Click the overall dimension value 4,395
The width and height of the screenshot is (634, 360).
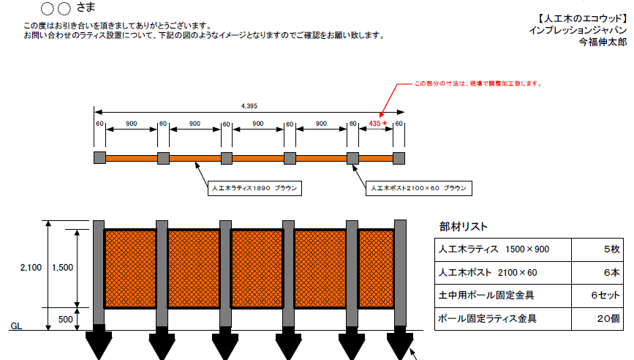point(249,106)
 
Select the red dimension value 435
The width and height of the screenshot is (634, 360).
point(375,124)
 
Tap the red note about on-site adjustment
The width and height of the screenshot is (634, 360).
point(478,83)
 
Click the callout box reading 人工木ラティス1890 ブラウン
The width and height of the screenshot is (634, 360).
point(254,188)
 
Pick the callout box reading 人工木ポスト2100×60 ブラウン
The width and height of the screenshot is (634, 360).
point(419,188)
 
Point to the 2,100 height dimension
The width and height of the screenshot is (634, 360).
point(31,268)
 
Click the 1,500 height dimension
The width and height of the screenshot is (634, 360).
point(63,268)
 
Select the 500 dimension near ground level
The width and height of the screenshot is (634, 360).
point(66,320)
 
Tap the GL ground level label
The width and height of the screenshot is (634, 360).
point(16,326)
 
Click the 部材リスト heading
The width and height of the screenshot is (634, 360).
point(464,227)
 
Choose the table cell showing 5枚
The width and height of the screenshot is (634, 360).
point(597,250)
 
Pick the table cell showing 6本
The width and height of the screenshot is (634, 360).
point(597,273)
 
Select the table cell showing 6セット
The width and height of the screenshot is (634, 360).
point(597,296)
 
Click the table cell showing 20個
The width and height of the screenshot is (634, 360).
point(597,319)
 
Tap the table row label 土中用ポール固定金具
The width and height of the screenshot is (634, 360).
point(486,296)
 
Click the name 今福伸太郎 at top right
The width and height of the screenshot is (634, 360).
point(603,42)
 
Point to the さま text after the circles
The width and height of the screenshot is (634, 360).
point(86,7)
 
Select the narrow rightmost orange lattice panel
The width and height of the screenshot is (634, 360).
point(376,269)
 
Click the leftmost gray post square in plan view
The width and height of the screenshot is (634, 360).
point(100,158)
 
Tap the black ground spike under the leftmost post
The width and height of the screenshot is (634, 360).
point(99,342)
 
